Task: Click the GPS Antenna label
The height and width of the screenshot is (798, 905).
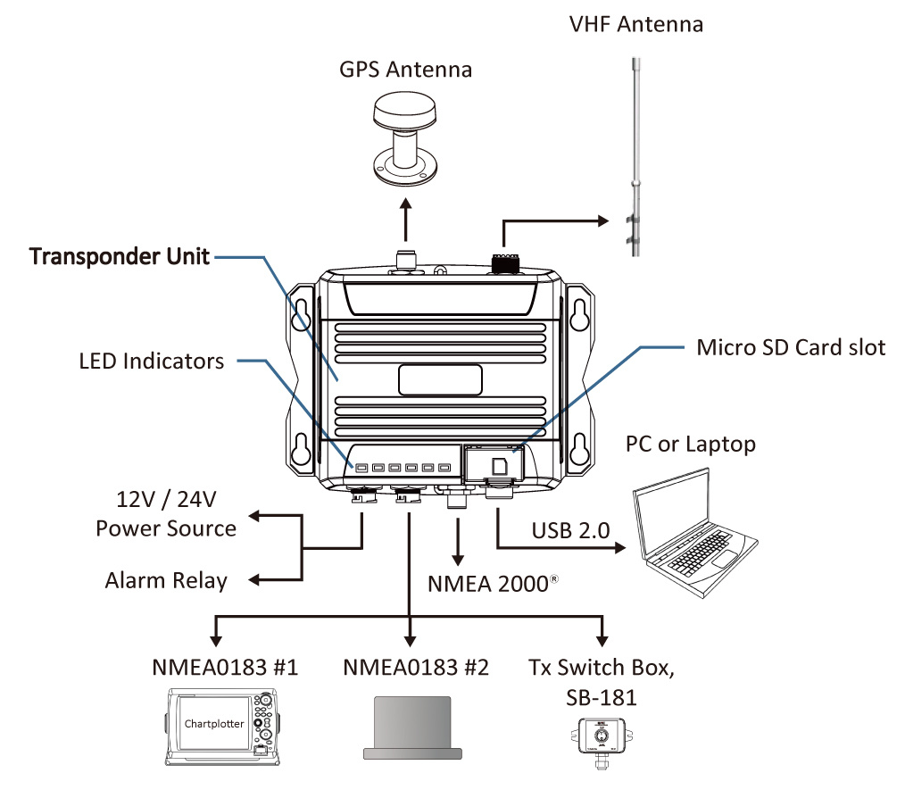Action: [x=404, y=70]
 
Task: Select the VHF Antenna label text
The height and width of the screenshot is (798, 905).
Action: [x=635, y=24]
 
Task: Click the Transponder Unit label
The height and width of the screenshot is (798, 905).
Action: [x=120, y=257]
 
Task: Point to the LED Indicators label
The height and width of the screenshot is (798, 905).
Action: [x=152, y=362]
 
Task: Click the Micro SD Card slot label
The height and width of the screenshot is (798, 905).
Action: [x=791, y=347]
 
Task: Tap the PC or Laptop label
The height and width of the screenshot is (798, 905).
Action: [x=690, y=443]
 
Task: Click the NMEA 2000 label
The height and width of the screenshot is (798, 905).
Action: [x=486, y=585]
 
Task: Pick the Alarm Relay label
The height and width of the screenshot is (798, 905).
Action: [x=166, y=581]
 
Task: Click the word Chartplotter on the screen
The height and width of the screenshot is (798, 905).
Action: [x=213, y=723]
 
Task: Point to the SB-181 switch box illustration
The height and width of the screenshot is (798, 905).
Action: [x=601, y=736]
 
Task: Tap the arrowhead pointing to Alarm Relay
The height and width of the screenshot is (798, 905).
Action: [x=253, y=581]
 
